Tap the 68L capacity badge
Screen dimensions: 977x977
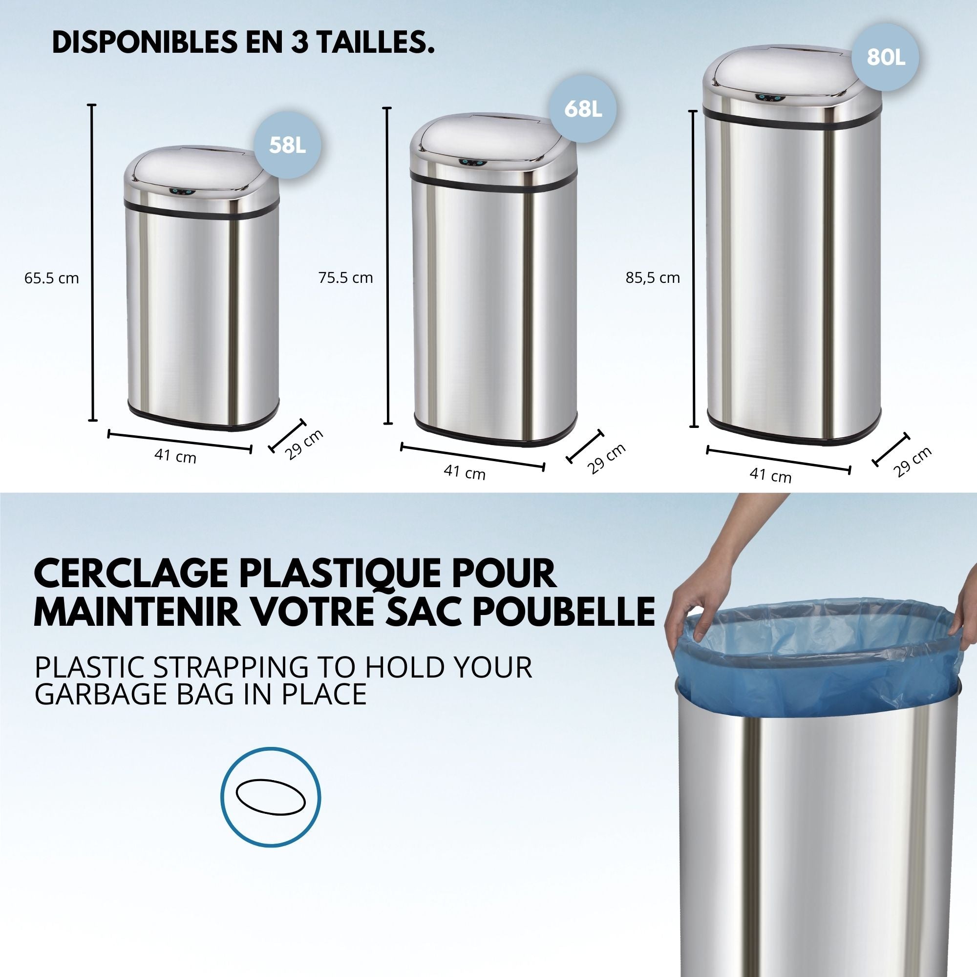(583, 109)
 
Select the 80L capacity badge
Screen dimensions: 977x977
(885, 58)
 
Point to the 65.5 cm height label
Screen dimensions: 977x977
(52, 278)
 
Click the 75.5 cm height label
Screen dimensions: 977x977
(346, 277)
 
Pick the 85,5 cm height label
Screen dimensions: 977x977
(652, 277)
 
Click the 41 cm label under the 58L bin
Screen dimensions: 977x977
(175, 456)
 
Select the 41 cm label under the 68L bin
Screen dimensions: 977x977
(464, 472)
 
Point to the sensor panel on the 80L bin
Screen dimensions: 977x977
(767, 98)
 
